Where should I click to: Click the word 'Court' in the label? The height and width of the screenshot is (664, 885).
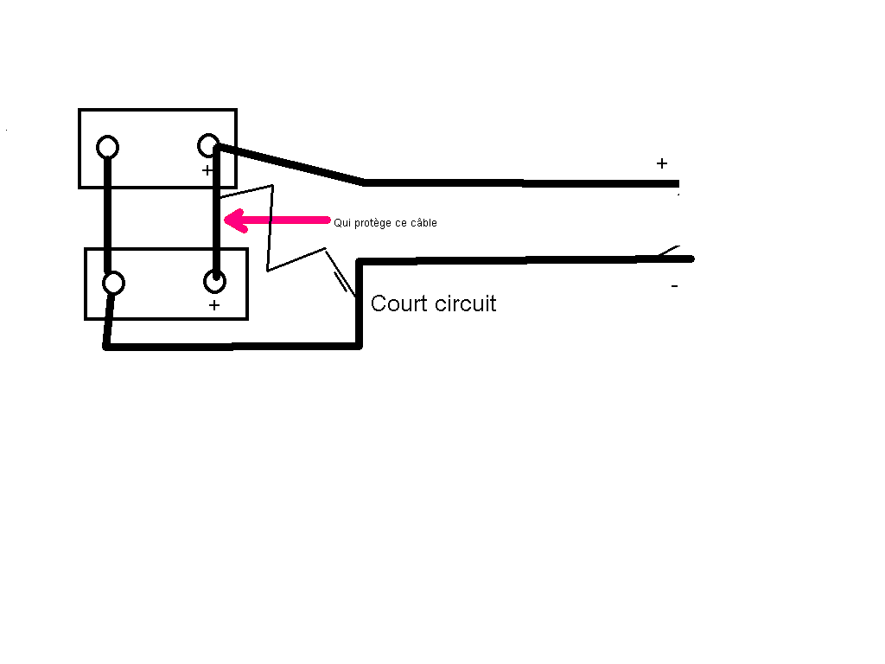pos(398,303)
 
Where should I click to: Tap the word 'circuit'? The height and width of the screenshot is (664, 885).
pos(466,303)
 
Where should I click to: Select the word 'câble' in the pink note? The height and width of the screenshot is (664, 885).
pos(423,223)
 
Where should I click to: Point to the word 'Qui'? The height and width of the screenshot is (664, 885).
pos(342,223)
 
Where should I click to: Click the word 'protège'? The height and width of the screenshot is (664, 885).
pos(373,224)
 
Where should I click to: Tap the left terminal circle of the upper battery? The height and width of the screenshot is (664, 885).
pos(107,147)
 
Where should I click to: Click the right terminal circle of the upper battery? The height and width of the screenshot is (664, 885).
pos(208,145)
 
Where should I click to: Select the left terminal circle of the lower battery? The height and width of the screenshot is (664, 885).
pos(113,283)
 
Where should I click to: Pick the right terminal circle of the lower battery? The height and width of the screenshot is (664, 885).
pos(214,281)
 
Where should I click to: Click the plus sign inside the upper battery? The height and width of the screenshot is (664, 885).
pos(207,170)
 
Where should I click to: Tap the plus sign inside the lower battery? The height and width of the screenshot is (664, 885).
pos(214,305)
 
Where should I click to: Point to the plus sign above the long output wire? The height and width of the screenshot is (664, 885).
pos(662,163)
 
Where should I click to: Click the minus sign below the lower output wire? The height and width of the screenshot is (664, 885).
pos(674,286)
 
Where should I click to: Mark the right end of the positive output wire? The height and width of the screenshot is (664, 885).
pos(678,183)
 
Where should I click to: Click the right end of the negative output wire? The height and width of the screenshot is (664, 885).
pos(692,259)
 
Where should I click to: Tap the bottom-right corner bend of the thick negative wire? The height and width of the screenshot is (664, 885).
pos(359,346)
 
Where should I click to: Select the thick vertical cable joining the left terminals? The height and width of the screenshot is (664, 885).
pos(108,215)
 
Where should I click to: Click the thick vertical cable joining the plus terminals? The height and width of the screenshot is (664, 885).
pos(216,212)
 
